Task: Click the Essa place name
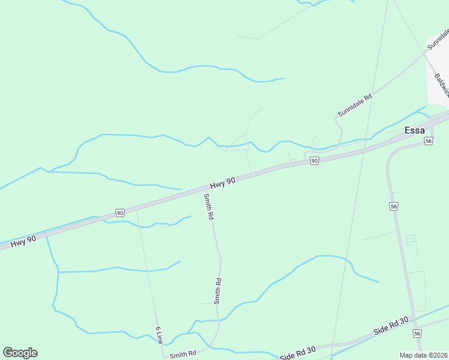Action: click(415, 130)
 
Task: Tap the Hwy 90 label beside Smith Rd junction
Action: click(222, 182)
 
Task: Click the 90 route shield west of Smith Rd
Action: click(120, 213)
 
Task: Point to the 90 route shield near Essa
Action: click(314, 161)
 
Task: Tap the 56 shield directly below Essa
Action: click(428, 140)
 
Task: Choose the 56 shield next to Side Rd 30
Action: click(417, 333)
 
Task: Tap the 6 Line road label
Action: click(158, 335)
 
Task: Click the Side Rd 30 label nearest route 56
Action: click(391, 326)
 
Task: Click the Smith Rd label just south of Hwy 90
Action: click(208, 206)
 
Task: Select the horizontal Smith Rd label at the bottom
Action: click(183, 355)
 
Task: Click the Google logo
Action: click(20, 353)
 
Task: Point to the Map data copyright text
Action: click(423, 355)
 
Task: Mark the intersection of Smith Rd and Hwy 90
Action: click(203, 191)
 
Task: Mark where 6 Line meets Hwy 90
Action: click(137, 209)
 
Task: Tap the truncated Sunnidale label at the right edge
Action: click(438, 38)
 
